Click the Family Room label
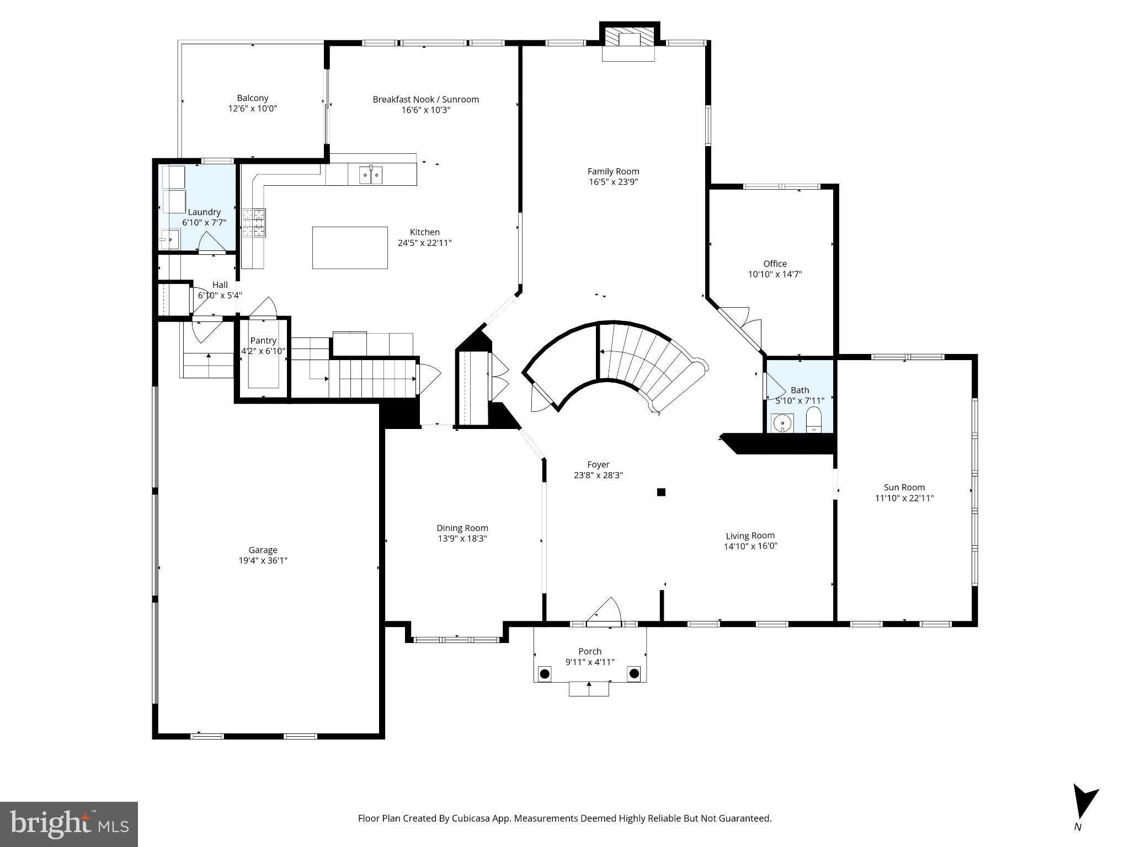(x=613, y=171)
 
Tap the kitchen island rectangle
(x=350, y=248)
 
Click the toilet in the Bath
(x=814, y=421)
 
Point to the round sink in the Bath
(x=782, y=423)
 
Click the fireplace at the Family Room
(x=629, y=42)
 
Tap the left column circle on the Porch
(x=545, y=673)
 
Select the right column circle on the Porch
(x=634, y=673)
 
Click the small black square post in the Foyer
(x=661, y=492)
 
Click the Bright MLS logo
(x=68, y=824)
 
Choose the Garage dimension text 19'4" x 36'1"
(x=263, y=561)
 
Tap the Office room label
(x=775, y=264)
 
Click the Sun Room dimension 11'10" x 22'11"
(x=904, y=498)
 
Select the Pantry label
(x=263, y=341)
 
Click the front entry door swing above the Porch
(x=605, y=611)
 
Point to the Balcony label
(x=253, y=98)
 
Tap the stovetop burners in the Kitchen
(x=254, y=223)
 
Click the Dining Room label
(x=462, y=528)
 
